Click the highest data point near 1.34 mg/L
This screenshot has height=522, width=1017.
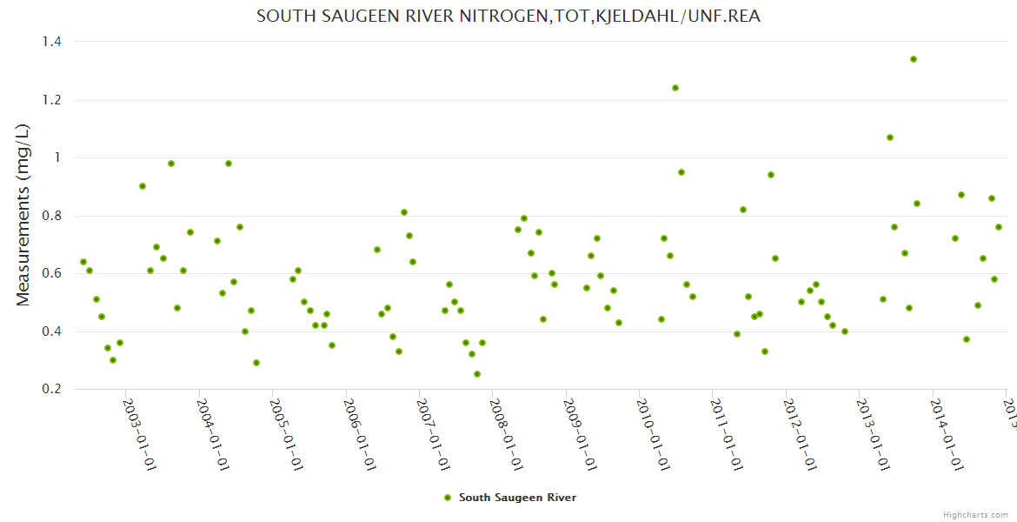pos(914,59)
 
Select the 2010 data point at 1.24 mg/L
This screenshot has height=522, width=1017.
pos(675,88)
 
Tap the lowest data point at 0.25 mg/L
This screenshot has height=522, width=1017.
pos(477,374)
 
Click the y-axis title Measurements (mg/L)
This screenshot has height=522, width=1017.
pos(23,215)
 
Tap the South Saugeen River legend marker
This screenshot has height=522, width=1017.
pos(448,498)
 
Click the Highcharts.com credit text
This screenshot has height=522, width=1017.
pos(976,514)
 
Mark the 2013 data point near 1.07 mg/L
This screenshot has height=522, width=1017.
pos(890,137)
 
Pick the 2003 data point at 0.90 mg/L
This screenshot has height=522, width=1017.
pos(143,186)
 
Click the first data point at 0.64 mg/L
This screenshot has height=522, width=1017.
pos(83,262)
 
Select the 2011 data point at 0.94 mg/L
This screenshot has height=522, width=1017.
pos(771,175)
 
